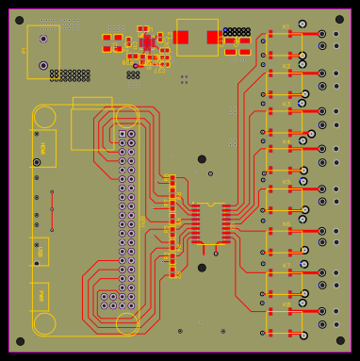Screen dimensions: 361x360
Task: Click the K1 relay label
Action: click(286, 28)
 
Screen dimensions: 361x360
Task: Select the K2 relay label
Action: click(286, 67)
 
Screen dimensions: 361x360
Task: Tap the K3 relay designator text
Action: click(286, 105)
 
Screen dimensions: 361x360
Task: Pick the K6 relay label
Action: click(286, 224)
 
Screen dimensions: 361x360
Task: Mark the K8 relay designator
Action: click(286, 304)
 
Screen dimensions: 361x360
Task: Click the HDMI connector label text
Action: click(43, 148)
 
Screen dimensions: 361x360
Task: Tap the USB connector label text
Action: click(41, 251)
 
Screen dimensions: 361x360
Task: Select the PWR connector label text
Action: click(41, 296)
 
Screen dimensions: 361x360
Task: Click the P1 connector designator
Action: click(24, 50)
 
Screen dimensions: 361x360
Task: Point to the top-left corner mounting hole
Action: click(20, 20)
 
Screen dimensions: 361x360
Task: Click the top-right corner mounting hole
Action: click(339, 19)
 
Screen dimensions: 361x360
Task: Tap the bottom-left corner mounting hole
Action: click(20, 341)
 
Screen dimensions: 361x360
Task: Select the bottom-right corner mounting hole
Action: click(339, 340)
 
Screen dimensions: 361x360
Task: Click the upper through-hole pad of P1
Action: click(43, 39)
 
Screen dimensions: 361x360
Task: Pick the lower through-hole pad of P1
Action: click(43, 65)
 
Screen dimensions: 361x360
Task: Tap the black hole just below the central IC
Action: click(202, 268)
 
